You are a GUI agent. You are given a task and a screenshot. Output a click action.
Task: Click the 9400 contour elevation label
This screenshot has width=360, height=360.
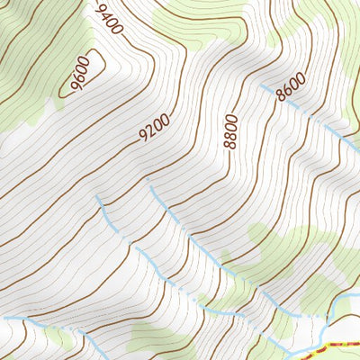tap(106, 21)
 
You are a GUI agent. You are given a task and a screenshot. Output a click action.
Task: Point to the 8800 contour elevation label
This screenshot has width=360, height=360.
tap(231, 130)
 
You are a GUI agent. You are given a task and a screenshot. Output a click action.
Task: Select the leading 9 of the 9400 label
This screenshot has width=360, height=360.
tap(97, 10)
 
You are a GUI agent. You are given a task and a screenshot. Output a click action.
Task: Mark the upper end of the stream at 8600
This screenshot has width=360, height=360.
tap(262, 86)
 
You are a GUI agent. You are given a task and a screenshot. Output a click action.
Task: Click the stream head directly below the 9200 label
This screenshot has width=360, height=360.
tap(150, 187)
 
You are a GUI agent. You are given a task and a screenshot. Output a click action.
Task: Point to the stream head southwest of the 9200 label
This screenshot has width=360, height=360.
tap(97, 195)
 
